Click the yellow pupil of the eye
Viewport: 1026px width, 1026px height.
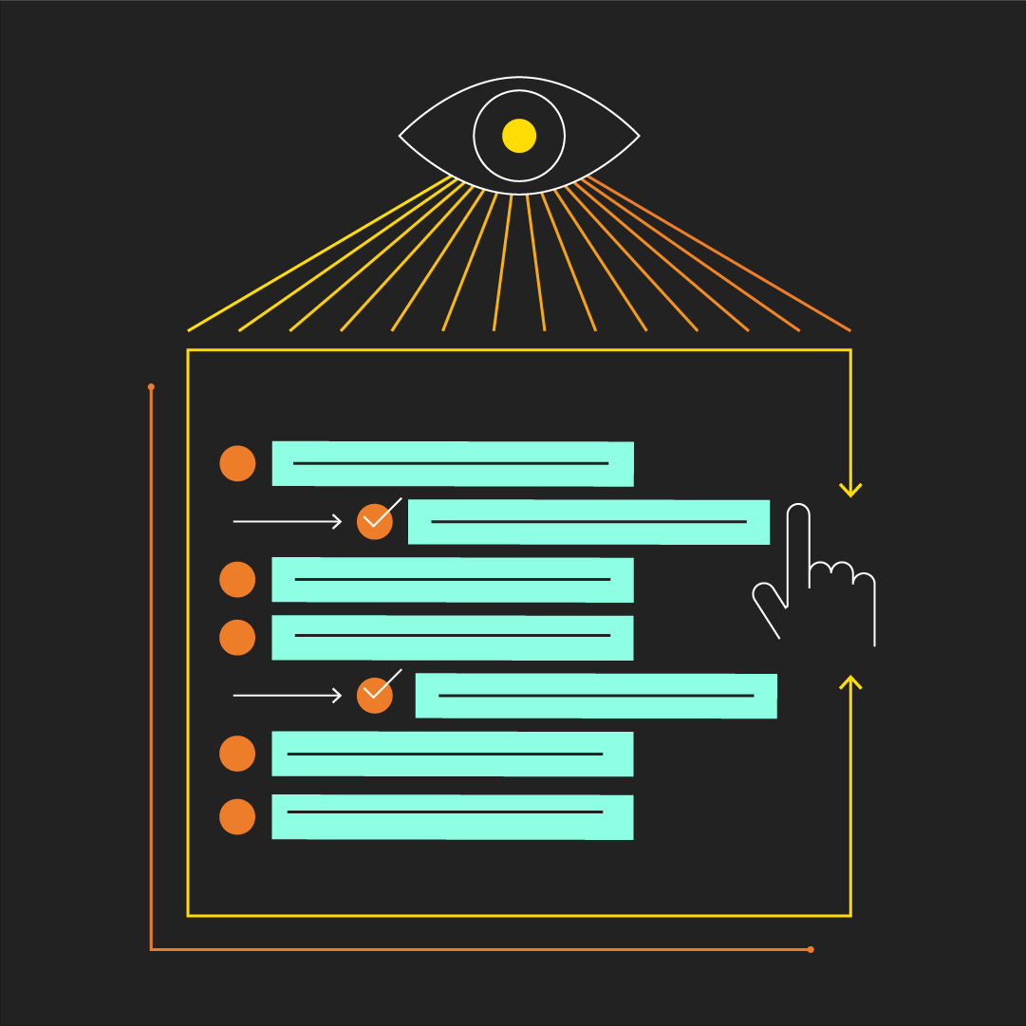pyautogui.click(x=519, y=136)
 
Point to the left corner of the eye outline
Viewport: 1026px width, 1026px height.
pyautogui.click(x=401, y=136)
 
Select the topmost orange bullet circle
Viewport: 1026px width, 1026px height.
pyautogui.click(x=237, y=463)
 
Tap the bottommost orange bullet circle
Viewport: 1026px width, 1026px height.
pyautogui.click(x=237, y=816)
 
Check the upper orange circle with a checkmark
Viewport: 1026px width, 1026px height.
pyautogui.click(x=375, y=521)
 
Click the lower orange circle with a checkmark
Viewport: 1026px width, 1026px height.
pyautogui.click(x=375, y=695)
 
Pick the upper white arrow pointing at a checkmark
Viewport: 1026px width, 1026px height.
pyautogui.click(x=287, y=521)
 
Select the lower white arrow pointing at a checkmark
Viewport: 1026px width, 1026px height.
pyautogui.click(x=287, y=696)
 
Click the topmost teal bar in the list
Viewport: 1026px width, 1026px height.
pyautogui.click(x=453, y=463)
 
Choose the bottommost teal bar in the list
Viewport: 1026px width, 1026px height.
pyautogui.click(x=453, y=816)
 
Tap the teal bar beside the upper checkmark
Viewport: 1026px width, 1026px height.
pyautogui.click(x=588, y=521)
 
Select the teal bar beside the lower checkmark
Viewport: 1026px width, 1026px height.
pyautogui.click(x=596, y=696)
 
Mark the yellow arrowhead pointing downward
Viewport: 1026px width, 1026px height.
pyautogui.click(x=850, y=491)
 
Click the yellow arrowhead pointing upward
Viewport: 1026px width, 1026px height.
pyautogui.click(x=850, y=681)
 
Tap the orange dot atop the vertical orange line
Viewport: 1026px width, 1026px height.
pyautogui.click(x=151, y=387)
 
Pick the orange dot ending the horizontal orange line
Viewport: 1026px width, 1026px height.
pyautogui.click(x=810, y=949)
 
